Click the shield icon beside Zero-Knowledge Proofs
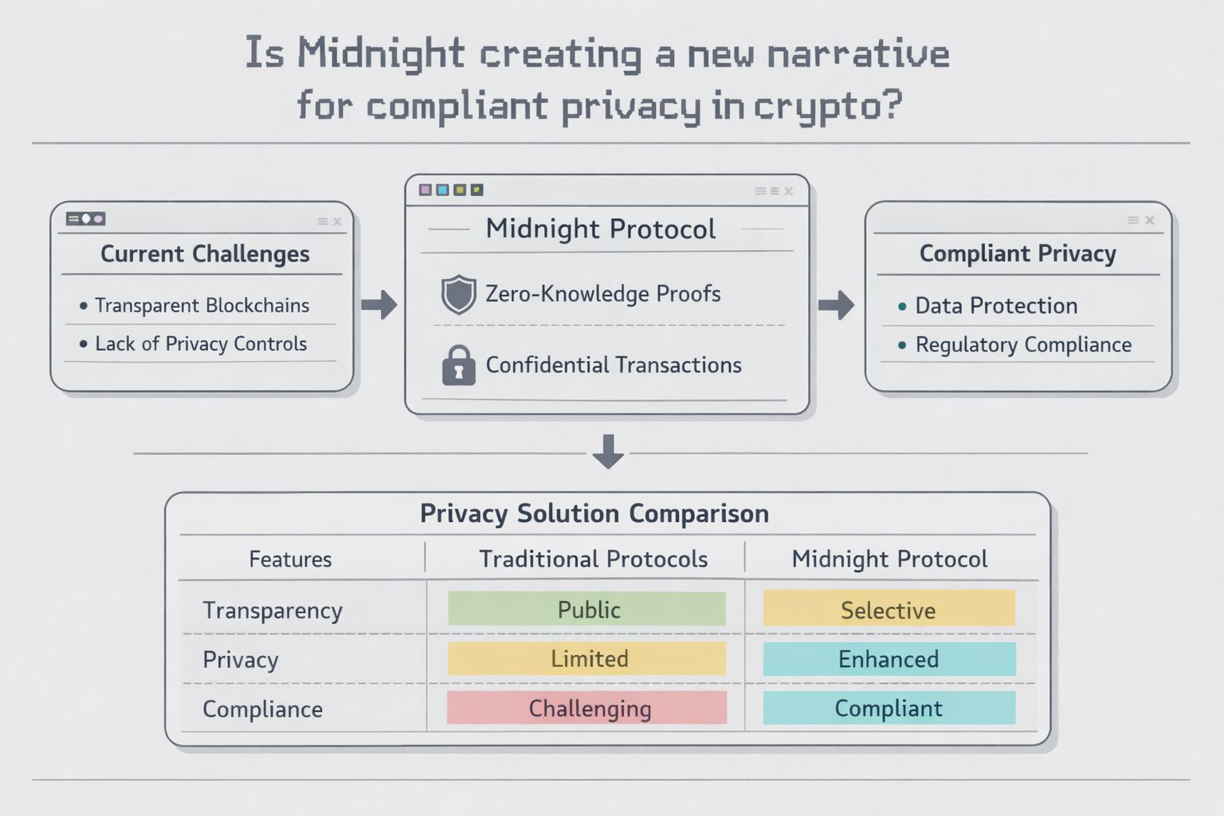pyautogui.click(x=459, y=294)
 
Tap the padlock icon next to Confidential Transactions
pyautogui.click(x=458, y=366)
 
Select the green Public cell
pyautogui.click(x=586, y=610)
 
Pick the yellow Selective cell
pyautogui.click(x=889, y=610)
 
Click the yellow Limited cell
pyautogui.click(x=586, y=659)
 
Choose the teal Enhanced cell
pyautogui.click(x=889, y=659)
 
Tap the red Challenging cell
pyautogui.click(x=586, y=708)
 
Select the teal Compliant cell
pyautogui.click(x=889, y=708)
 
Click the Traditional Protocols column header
pyautogui.click(x=593, y=559)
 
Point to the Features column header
pyautogui.click(x=290, y=559)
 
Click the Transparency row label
pyautogui.click(x=273, y=610)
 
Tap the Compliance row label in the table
pyautogui.click(x=263, y=709)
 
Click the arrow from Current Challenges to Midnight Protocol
pyautogui.click(x=379, y=304)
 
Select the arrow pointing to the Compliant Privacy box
pyautogui.click(x=836, y=304)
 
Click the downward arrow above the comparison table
pyautogui.click(x=608, y=452)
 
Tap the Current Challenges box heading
pyautogui.click(x=205, y=254)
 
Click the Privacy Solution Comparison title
pyautogui.click(x=594, y=514)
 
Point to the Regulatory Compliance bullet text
pyautogui.click(x=1023, y=345)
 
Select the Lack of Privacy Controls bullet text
pyautogui.click(x=201, y=344)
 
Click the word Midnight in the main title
pyautogui.click(x=381, y=54)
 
